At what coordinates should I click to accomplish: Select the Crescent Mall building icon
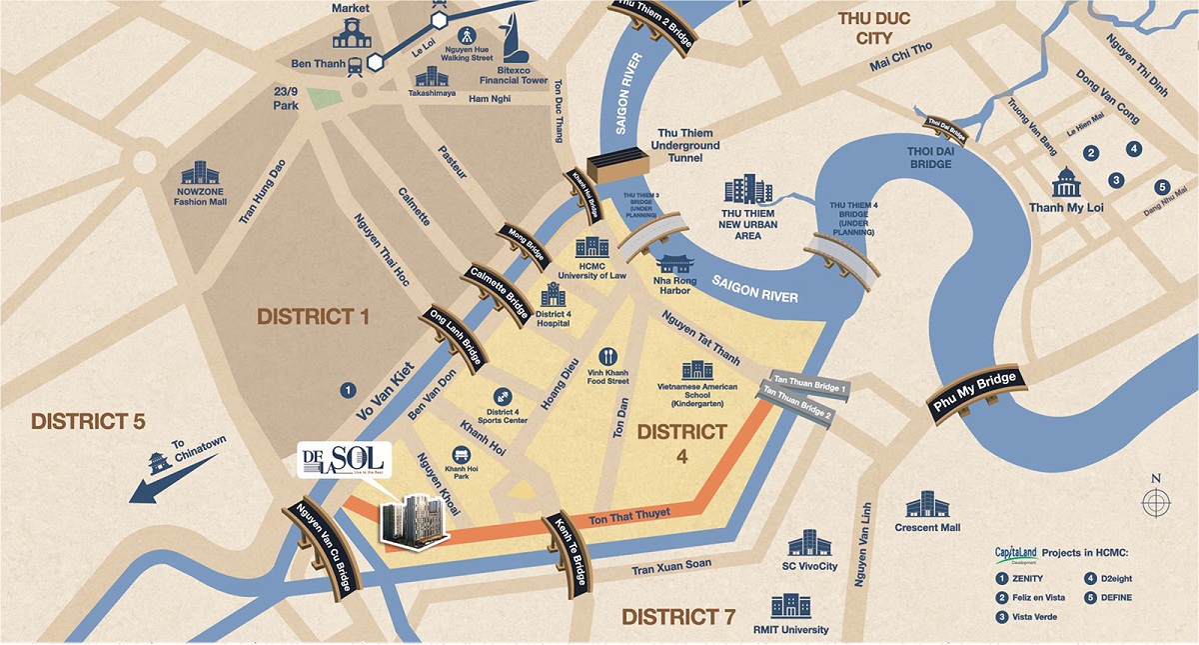[926, 505]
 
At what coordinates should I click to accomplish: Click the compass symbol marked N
[1156, 500]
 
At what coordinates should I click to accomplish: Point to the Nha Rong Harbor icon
[673, 264]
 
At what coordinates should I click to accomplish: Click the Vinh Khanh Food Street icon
[606, 356]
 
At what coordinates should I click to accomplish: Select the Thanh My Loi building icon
[1066, 183]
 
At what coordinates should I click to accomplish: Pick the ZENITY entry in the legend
[1025, 579]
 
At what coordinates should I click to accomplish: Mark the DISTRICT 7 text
[678, 616]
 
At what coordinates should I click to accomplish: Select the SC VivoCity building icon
[808, 544]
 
